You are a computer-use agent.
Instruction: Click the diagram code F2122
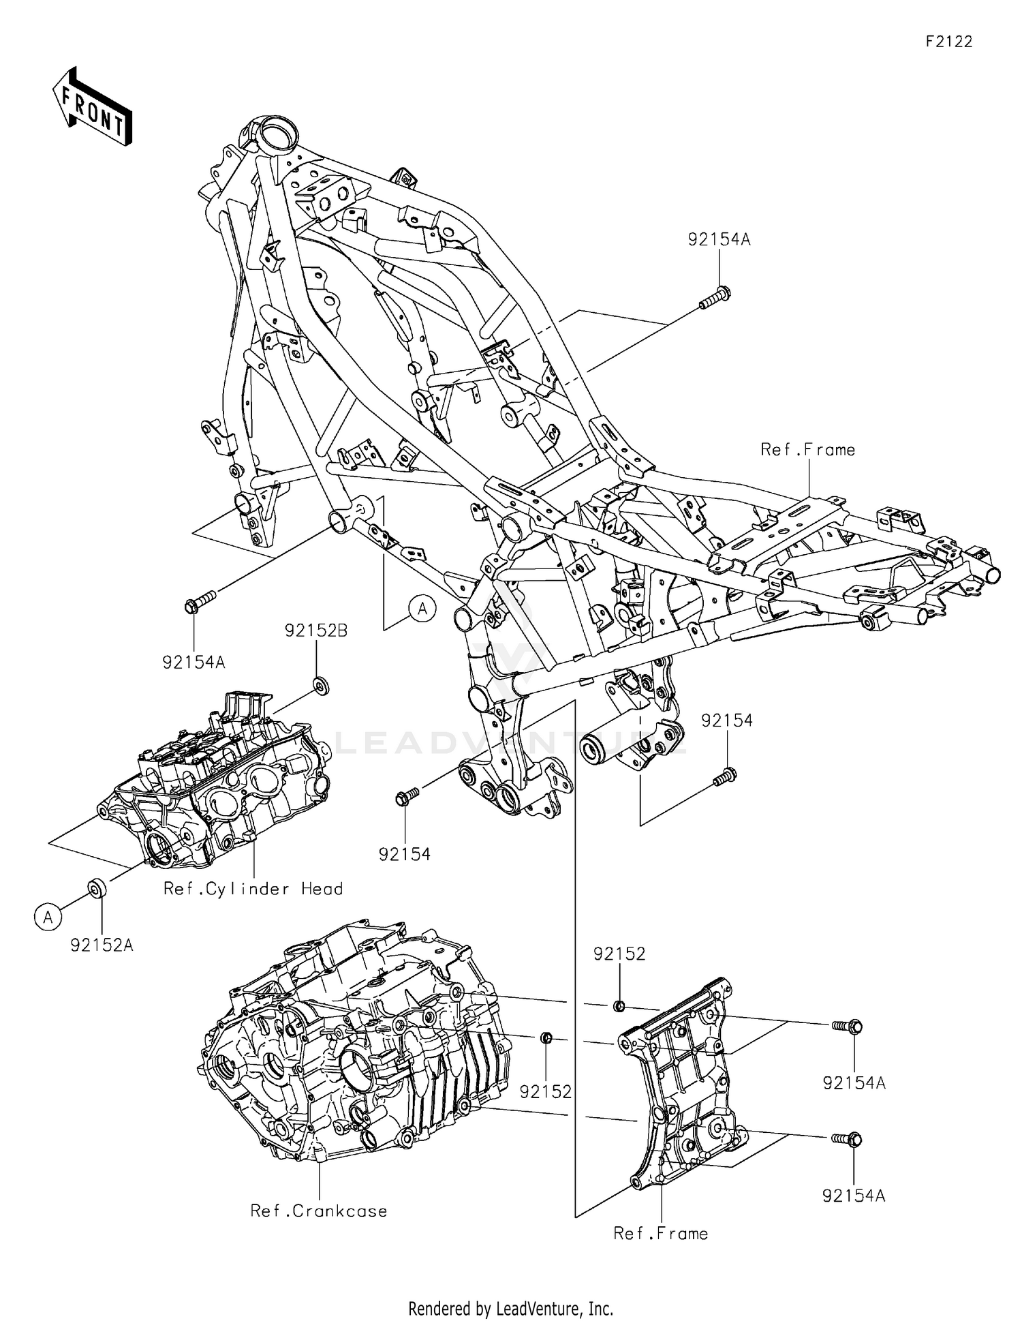point(948,42)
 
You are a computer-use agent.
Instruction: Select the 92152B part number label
point(315,631)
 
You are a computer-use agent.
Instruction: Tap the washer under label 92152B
point(321,684)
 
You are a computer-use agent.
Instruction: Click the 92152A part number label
point(102,945)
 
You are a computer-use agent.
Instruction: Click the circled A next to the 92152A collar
point(47,917)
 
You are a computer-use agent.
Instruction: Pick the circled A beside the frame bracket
point(422,608)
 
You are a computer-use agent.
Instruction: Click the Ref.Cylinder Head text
point(253,889)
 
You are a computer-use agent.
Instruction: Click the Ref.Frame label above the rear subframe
point(807,449)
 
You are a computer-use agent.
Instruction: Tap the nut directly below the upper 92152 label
point(619,1005)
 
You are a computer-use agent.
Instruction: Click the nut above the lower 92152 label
point(546,1037)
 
